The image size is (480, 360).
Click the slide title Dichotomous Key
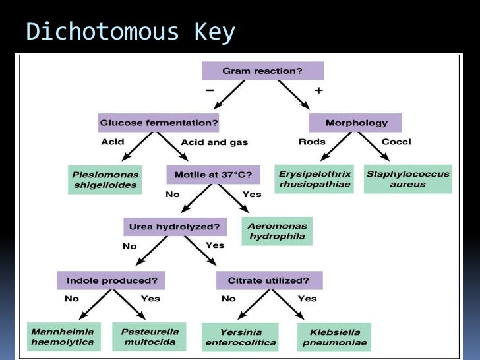[x=130, y=32]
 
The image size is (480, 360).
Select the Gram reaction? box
[x=262, y=71]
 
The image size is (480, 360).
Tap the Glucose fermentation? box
[x=158, y=123]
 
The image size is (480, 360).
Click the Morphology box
[x=355, y=123]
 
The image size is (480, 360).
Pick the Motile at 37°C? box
[x=214, y=175]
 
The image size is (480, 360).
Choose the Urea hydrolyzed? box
[x=175, y=227]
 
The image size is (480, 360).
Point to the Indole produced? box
[x=111, y=280]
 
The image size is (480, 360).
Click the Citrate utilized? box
[x=269, y=280]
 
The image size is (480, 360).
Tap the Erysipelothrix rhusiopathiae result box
[x=315, y=179]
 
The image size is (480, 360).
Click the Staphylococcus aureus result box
[x=407, y=179]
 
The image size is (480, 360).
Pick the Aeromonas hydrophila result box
[x=276, y=231]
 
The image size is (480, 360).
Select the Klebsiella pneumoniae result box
[x=334, y=337]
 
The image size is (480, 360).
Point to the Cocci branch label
[x=396, y=142]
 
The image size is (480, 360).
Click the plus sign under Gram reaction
[x=318, y=90]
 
